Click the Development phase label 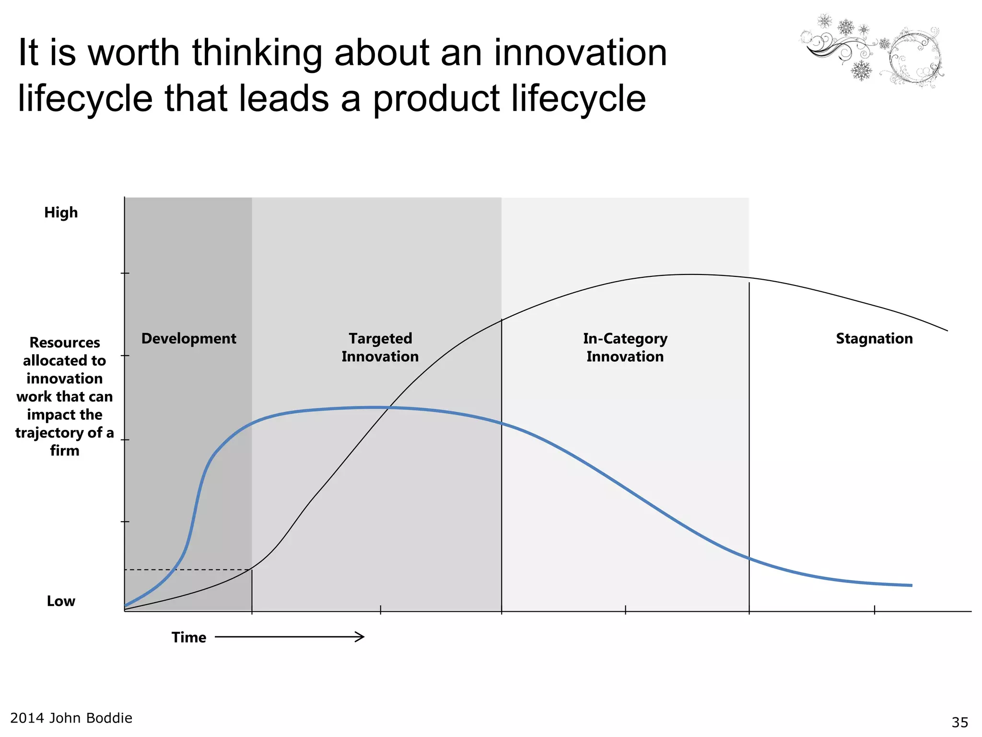(188, 338)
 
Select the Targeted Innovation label (380, 347)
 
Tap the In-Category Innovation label (625, 347)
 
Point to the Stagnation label (874, 338)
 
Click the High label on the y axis (61, 212)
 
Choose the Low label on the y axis (61, 601)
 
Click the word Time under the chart (189, 637)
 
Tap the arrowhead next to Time (360, 637)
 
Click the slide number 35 (960, 722)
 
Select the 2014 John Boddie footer (71, 718)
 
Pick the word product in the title (436, 98)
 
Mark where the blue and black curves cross (389, 408)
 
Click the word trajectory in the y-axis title (49, 433)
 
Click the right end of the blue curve (911, 585)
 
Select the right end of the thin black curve (947, 330)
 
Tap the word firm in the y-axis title (65, 451)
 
